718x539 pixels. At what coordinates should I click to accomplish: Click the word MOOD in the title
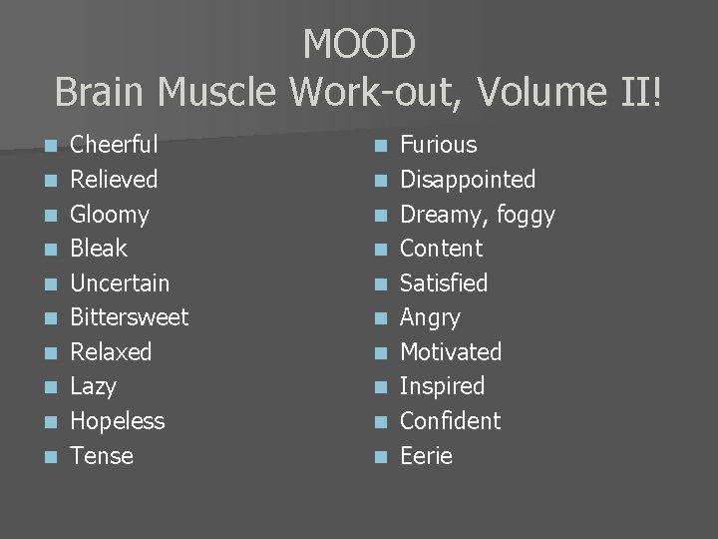click(x=359, y=44)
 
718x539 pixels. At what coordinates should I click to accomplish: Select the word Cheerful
click(x=114, y=145)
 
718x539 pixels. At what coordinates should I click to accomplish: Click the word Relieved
click(x=114, y=180)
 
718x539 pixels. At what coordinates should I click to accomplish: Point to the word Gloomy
click(x=110, y=215)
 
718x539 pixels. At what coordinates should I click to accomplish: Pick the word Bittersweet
click(x=130, y=317)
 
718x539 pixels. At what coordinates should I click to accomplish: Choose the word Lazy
click(x=93, y=386)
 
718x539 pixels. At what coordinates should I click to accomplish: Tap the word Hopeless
click(x=117, y=420)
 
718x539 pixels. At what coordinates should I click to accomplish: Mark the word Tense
click(x=101, y=456)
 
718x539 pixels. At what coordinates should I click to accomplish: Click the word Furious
click(x=438, y=145)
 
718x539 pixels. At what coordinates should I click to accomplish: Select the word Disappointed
click(x=467, y=180)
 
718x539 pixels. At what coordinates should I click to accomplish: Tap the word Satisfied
click(x=443, y=283)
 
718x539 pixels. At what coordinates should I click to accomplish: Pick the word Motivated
click(x=450, y=352)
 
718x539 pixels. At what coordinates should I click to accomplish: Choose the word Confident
click(x=450, y=421)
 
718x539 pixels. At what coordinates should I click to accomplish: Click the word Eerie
click(x=426, y=456)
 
